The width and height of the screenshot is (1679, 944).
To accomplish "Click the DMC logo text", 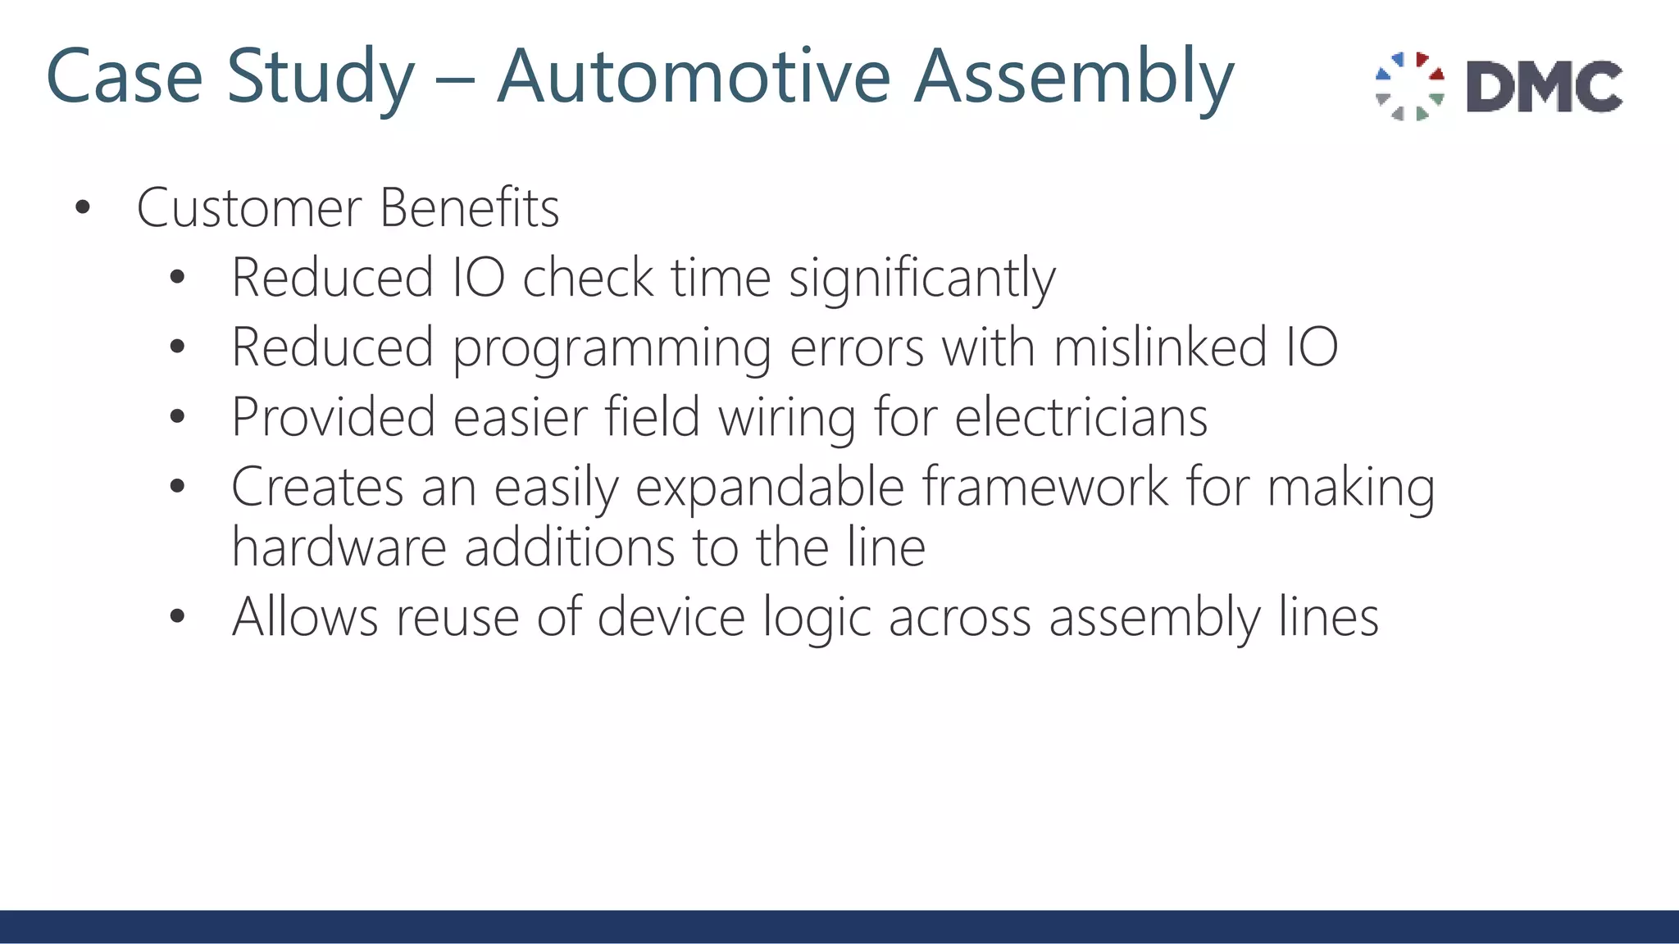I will pos(1544,86).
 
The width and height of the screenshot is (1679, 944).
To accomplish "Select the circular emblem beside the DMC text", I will pos(1409,86).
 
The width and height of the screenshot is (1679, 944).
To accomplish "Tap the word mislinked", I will pos(1159,347).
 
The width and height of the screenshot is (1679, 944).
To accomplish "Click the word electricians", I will pos(1081,417).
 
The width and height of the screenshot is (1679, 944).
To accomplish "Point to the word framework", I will pos(1045,487).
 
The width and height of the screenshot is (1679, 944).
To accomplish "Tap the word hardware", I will pos(339,547).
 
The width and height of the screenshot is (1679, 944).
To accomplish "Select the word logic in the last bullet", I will pos(817,619).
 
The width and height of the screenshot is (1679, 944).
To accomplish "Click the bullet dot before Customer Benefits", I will pos(82,208).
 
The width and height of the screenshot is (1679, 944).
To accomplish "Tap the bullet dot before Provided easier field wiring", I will pos(177,417).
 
